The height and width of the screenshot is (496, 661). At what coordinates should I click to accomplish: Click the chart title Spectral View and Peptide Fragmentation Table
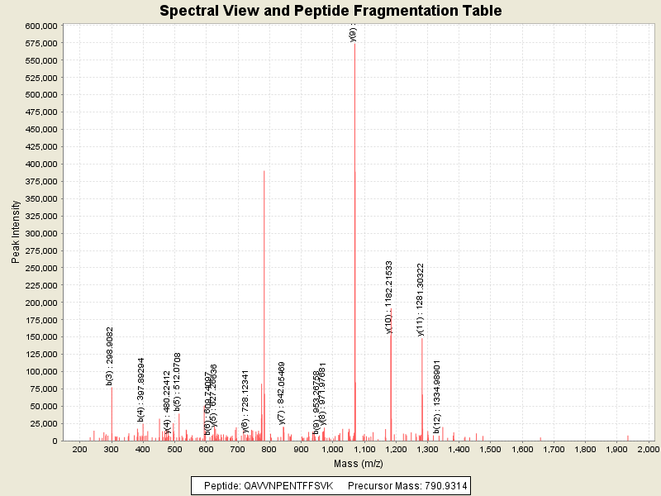tap(330, 11)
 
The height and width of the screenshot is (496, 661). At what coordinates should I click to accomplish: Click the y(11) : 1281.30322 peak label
tap(421, 299)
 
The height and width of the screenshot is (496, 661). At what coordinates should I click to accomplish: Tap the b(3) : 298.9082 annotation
tap(110, 355)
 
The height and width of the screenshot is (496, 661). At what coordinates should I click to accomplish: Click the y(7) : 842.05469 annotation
tap(282, 393)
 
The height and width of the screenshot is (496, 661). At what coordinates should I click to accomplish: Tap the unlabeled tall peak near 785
tap(264, 248)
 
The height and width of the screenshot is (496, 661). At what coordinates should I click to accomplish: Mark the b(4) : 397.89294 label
tap(141, 389)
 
